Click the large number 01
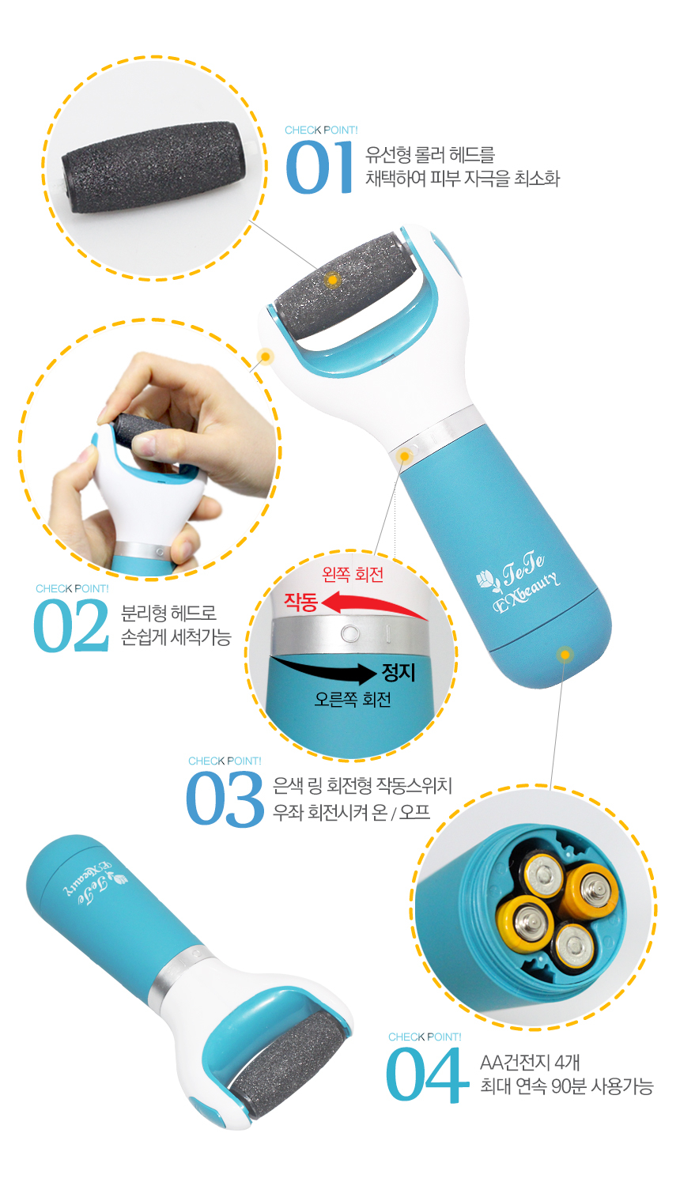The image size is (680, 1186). [x=319, y=168]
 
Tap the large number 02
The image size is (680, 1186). [x=71, y=625]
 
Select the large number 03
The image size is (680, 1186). [x=225, y=799]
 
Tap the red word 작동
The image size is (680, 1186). [x=300, y=602]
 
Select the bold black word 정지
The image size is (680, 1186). [x=399, y=672]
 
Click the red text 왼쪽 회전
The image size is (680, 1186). [x=353, y=574]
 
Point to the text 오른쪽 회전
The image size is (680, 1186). [x=353, y=699]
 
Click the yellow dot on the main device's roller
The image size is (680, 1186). [x=333, y=280]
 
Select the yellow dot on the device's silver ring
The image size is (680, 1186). [x=405, y=456]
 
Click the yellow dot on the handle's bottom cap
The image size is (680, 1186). [x=565, y=655]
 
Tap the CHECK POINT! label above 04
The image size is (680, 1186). [x=425, y=1037]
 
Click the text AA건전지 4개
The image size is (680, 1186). [x=530, y=1063]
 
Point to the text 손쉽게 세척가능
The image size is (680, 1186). [x=176, y=637]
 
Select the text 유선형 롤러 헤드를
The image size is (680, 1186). [x=430, y=155]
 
